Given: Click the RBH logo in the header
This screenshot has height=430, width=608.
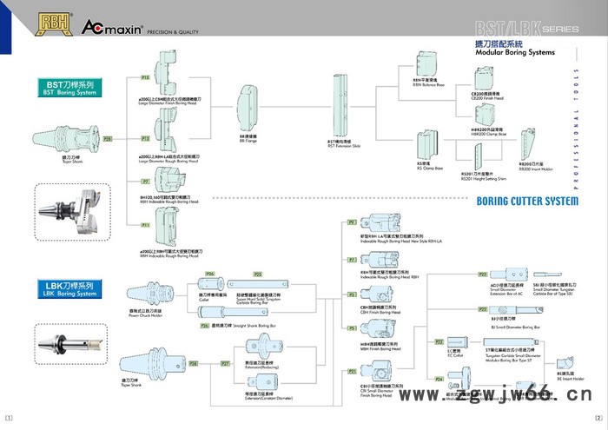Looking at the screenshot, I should (x=53, y=22).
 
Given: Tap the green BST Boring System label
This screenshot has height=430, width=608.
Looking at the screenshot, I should (x=70, y=87).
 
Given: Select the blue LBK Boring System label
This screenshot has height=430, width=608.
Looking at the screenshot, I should (x=70, y=288).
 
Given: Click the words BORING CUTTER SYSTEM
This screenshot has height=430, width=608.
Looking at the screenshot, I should (x=526, y=202).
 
